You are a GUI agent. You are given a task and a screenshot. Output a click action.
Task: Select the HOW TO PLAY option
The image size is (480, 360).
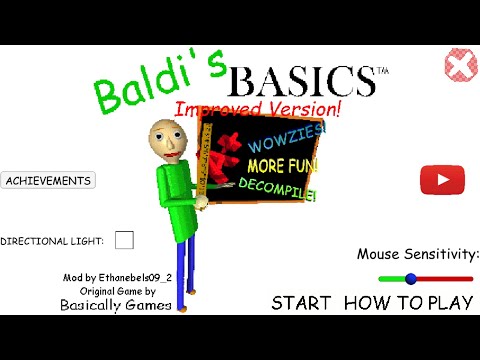coord(409,302)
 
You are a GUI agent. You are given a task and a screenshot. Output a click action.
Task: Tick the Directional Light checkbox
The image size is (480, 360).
coord(124,240)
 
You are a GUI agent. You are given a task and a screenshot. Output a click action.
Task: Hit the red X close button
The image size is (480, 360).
coord(460,67)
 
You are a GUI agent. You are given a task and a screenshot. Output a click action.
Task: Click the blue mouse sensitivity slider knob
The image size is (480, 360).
coord(410,279)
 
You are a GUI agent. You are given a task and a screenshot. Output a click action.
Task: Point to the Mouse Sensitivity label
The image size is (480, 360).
coord(417,254)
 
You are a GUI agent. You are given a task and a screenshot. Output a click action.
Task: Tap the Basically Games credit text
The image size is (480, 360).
coord(115,304)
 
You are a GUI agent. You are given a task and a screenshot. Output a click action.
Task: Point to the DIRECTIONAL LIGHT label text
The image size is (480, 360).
coord(52,241)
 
